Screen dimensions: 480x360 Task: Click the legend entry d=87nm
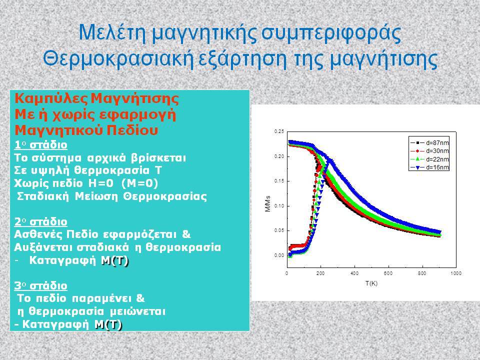coord(429,143)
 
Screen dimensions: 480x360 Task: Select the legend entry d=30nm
coord(429,151)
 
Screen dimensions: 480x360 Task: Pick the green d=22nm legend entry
coord(429,159)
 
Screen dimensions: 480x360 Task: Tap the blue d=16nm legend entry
coord(429,167)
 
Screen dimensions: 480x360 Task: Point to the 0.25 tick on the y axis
coord(279,131)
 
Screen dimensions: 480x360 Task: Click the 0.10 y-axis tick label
coord(279,206)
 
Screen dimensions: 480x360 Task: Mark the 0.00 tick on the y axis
coord(279,255)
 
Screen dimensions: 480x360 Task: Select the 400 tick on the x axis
coord(354,273)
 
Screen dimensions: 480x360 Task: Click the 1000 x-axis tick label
coord(456,273)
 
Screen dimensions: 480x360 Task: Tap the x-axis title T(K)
coord(371,283)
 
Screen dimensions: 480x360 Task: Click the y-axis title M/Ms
coord(268,204)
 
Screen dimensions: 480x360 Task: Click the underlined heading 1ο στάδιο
coord(40,144)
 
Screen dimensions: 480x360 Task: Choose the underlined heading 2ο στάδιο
coord(40,221)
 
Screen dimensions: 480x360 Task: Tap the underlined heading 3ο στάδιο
coord(40,285)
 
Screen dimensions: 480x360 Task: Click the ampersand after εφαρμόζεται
coord(186,234)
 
